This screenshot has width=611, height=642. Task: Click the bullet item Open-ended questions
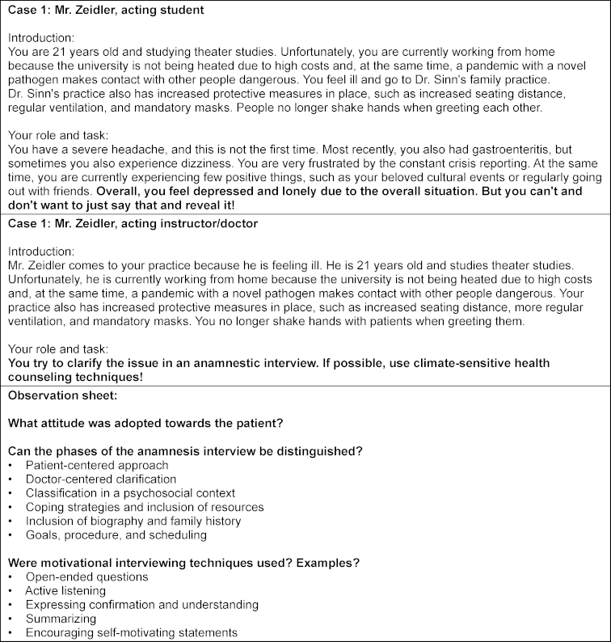pyautogui.click(x=86, y=577)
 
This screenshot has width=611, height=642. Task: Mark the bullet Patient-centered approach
pyautogui.click(x=97, y=465)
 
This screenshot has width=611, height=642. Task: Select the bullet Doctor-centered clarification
pyautogui.click(x=101, y=479)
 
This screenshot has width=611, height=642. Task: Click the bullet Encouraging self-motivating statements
pyautogui.click(x=132, y=632)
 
